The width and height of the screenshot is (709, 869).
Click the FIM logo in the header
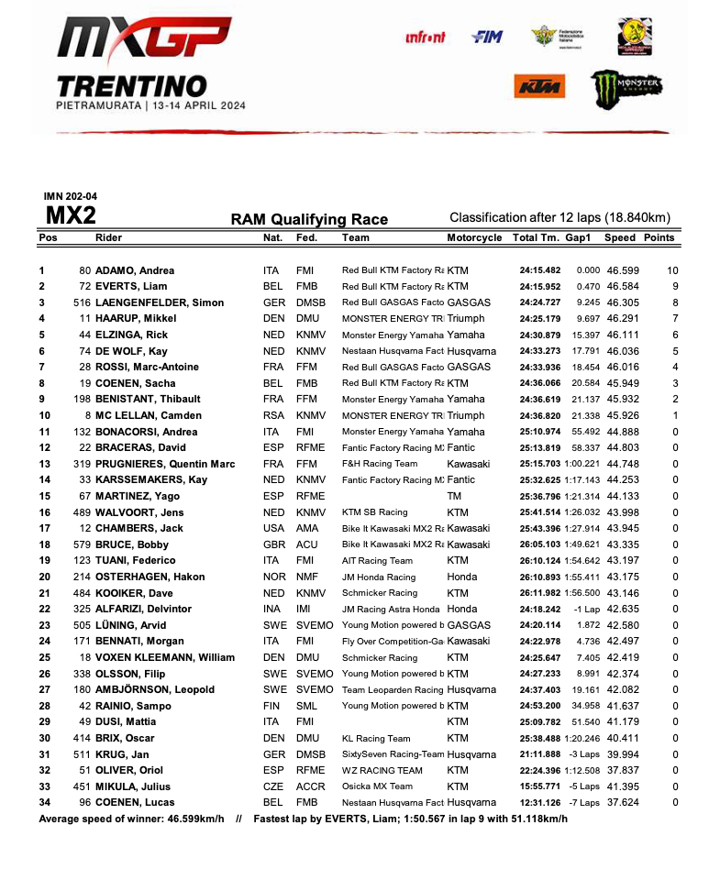click(x=485, y=38)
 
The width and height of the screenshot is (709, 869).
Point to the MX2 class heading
click(x=71, y=216)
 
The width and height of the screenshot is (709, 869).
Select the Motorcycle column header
click(x=474, y=237)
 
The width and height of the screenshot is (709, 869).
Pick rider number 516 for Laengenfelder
click(x=83, y=302)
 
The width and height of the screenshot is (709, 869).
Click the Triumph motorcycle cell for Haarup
click(x=466, y=319)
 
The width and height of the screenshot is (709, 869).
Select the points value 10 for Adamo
click(x=672, y=270)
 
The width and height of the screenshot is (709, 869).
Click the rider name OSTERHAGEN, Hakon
click(x=147, y=577)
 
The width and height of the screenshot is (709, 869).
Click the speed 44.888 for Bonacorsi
click(x=623, y=432)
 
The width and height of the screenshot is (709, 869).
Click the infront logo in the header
click(x=425, y=38)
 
